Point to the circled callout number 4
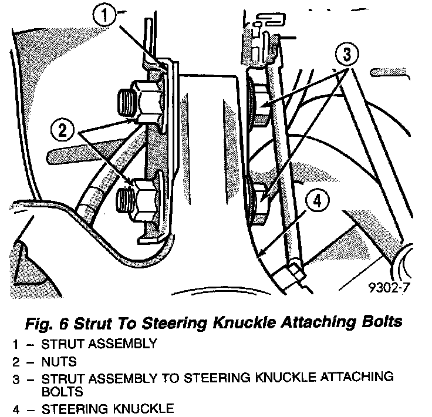coord(316,201)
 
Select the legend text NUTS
coord(59,361)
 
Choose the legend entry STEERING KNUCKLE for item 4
coord(108,408)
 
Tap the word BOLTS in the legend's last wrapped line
coord(62,391)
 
